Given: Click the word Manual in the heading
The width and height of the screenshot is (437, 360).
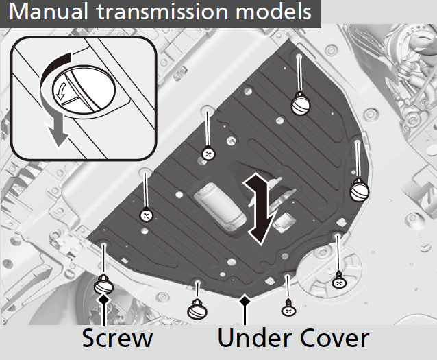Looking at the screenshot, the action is pyautogui.click(x=49, y=12).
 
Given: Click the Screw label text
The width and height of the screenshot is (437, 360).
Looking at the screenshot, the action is pyautogui.click(x=117, y=338).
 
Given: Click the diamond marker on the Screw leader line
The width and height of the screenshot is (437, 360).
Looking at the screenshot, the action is pyautogui.click(x=103, y=300).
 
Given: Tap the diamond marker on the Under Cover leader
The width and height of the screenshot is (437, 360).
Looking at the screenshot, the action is pyautogui.click(x=245, y=300).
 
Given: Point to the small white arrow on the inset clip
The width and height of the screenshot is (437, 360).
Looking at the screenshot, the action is pyautogui.click(x=62, y=90).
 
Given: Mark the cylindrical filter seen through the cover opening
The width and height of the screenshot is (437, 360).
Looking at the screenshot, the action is pyautogui.click(x=220, y=206).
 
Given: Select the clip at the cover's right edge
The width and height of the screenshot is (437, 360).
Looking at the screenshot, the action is pyautogui.click(x=360, y=190).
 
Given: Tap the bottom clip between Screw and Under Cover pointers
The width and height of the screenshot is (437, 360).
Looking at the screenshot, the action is pyautogui.click(x=197, y=310).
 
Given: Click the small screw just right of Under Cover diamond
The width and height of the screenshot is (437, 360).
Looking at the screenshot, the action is pyautogui.click(x=289, y=308).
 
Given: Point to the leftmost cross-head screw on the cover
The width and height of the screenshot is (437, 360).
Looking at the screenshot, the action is pyautogui.click(x=146, y=215).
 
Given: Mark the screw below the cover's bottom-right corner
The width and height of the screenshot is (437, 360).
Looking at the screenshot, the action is pyautogui.click(x=340, y=280).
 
